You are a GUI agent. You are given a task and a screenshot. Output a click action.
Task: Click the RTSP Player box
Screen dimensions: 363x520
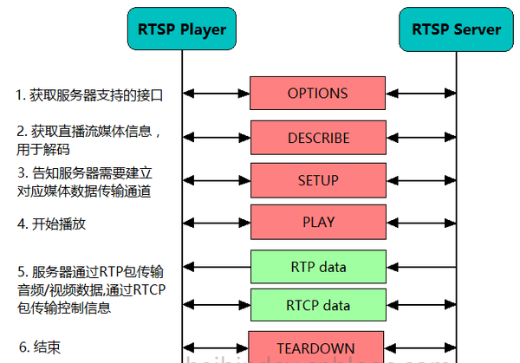[x=182, y=29]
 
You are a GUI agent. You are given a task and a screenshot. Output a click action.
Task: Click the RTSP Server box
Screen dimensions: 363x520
[x=456, y=29]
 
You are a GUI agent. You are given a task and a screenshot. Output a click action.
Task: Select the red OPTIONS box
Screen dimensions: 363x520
[x=317, y=94]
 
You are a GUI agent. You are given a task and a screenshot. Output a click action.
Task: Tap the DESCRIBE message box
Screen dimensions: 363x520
[x=318, y=138]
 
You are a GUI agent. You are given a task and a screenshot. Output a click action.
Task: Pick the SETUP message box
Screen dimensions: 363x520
[x=318, y=180]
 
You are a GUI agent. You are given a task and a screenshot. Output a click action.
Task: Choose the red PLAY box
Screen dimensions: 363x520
[x=318, y=222]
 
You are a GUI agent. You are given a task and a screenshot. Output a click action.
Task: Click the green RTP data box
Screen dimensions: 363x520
[x=317, y=267]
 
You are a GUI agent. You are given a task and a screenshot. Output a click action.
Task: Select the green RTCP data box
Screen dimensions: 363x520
[x=317, y=306]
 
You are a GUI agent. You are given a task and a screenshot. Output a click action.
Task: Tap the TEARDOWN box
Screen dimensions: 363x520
[x=317, y=347]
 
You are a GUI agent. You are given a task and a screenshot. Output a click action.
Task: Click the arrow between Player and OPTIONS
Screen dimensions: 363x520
[x=216, y=93]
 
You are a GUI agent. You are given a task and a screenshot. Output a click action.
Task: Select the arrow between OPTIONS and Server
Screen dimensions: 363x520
[x=420, y=93]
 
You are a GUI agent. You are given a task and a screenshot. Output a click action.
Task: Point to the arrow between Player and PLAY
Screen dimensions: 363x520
[x=216, y=222]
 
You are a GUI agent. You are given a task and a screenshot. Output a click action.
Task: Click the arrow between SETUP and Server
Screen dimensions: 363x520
[x=420, y=180]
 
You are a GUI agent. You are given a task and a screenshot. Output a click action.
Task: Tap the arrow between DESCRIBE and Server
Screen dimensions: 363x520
[x=420, y=137]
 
